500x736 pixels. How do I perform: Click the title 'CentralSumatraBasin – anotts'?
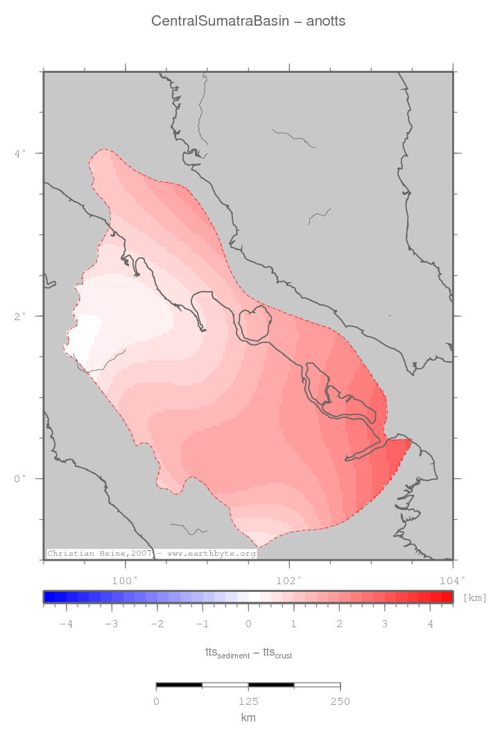248,21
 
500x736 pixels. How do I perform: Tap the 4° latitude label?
20,152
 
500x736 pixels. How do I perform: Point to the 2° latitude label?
20,315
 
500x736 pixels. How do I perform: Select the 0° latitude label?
20,478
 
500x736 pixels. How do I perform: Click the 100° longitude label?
125,580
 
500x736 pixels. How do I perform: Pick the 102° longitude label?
288,580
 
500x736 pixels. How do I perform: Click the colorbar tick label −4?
66,624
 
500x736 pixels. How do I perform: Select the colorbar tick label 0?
248,624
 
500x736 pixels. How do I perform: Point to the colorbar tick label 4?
431,624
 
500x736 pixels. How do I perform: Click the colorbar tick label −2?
157,624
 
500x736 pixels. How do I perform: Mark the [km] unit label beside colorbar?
474,597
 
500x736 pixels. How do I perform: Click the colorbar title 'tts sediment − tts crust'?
248,653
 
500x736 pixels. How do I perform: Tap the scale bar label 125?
248,702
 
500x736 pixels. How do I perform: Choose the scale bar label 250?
340,702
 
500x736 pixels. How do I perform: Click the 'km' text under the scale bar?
248,718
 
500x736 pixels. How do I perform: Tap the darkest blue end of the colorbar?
49,597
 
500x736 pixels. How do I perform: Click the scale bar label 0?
157,702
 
